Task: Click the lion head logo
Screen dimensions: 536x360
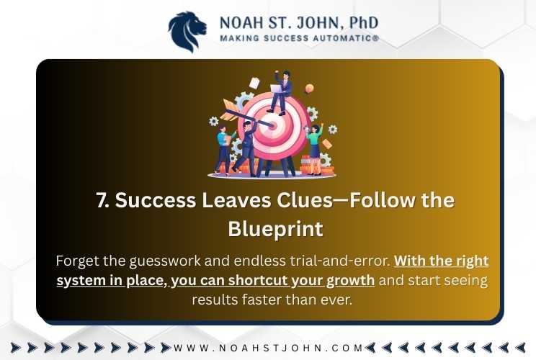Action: (x=187, y=32)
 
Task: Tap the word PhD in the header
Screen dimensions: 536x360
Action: (x=364, y=23)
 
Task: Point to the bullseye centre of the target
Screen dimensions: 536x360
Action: (x=272, y=125)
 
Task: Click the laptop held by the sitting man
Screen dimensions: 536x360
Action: (x=277, y=89)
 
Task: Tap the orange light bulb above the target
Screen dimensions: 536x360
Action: (x=309, y=89)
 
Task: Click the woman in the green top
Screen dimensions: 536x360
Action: (x=315, y=149)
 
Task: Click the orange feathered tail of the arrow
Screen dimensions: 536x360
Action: (x=230, y=109)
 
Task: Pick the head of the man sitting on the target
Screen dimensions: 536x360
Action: (x=286, y=75)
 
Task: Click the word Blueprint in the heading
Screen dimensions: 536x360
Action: (x=275, y=229)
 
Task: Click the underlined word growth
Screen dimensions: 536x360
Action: (x=350, y=281)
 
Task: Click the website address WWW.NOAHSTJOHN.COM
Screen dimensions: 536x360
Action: (x=268, y=348)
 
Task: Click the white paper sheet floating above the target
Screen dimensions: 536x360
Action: (x=254, y=83)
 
